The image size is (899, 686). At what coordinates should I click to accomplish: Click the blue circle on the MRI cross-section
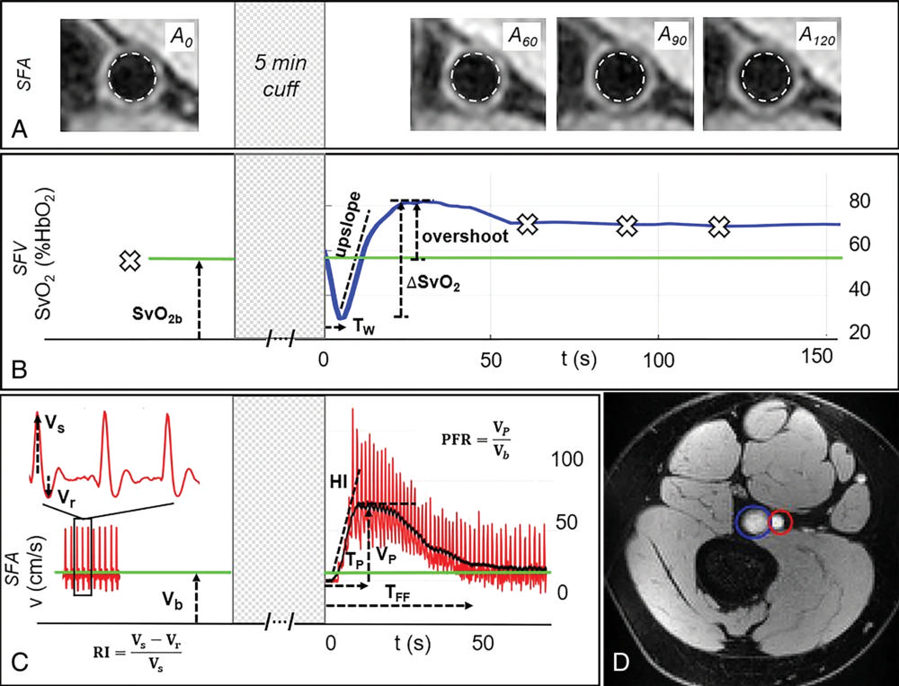(752, 522)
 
